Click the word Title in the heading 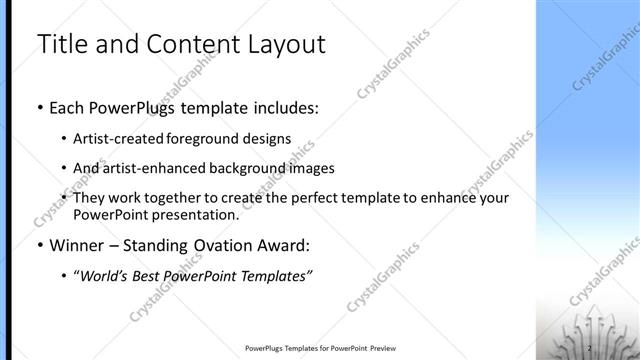[63, 44]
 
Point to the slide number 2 [590, 347]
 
